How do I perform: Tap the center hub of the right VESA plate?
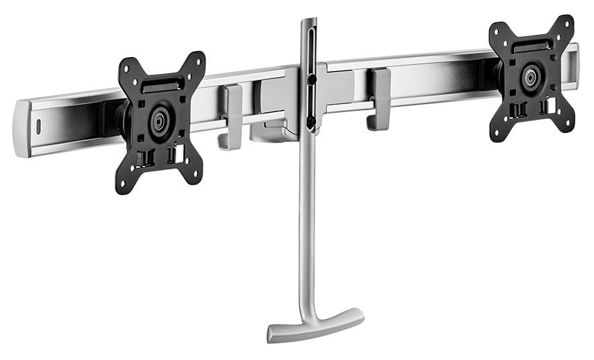tap(531, 77)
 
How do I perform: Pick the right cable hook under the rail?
tap(380, 99)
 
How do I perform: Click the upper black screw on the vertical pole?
tap(311, 79)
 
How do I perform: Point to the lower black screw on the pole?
tap(310, 121)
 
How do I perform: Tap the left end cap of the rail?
tap(24, 128)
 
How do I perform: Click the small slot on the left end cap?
tap(38, 126)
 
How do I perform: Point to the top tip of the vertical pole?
tap(308, 21)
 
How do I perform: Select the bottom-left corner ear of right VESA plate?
tap(497, 134)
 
